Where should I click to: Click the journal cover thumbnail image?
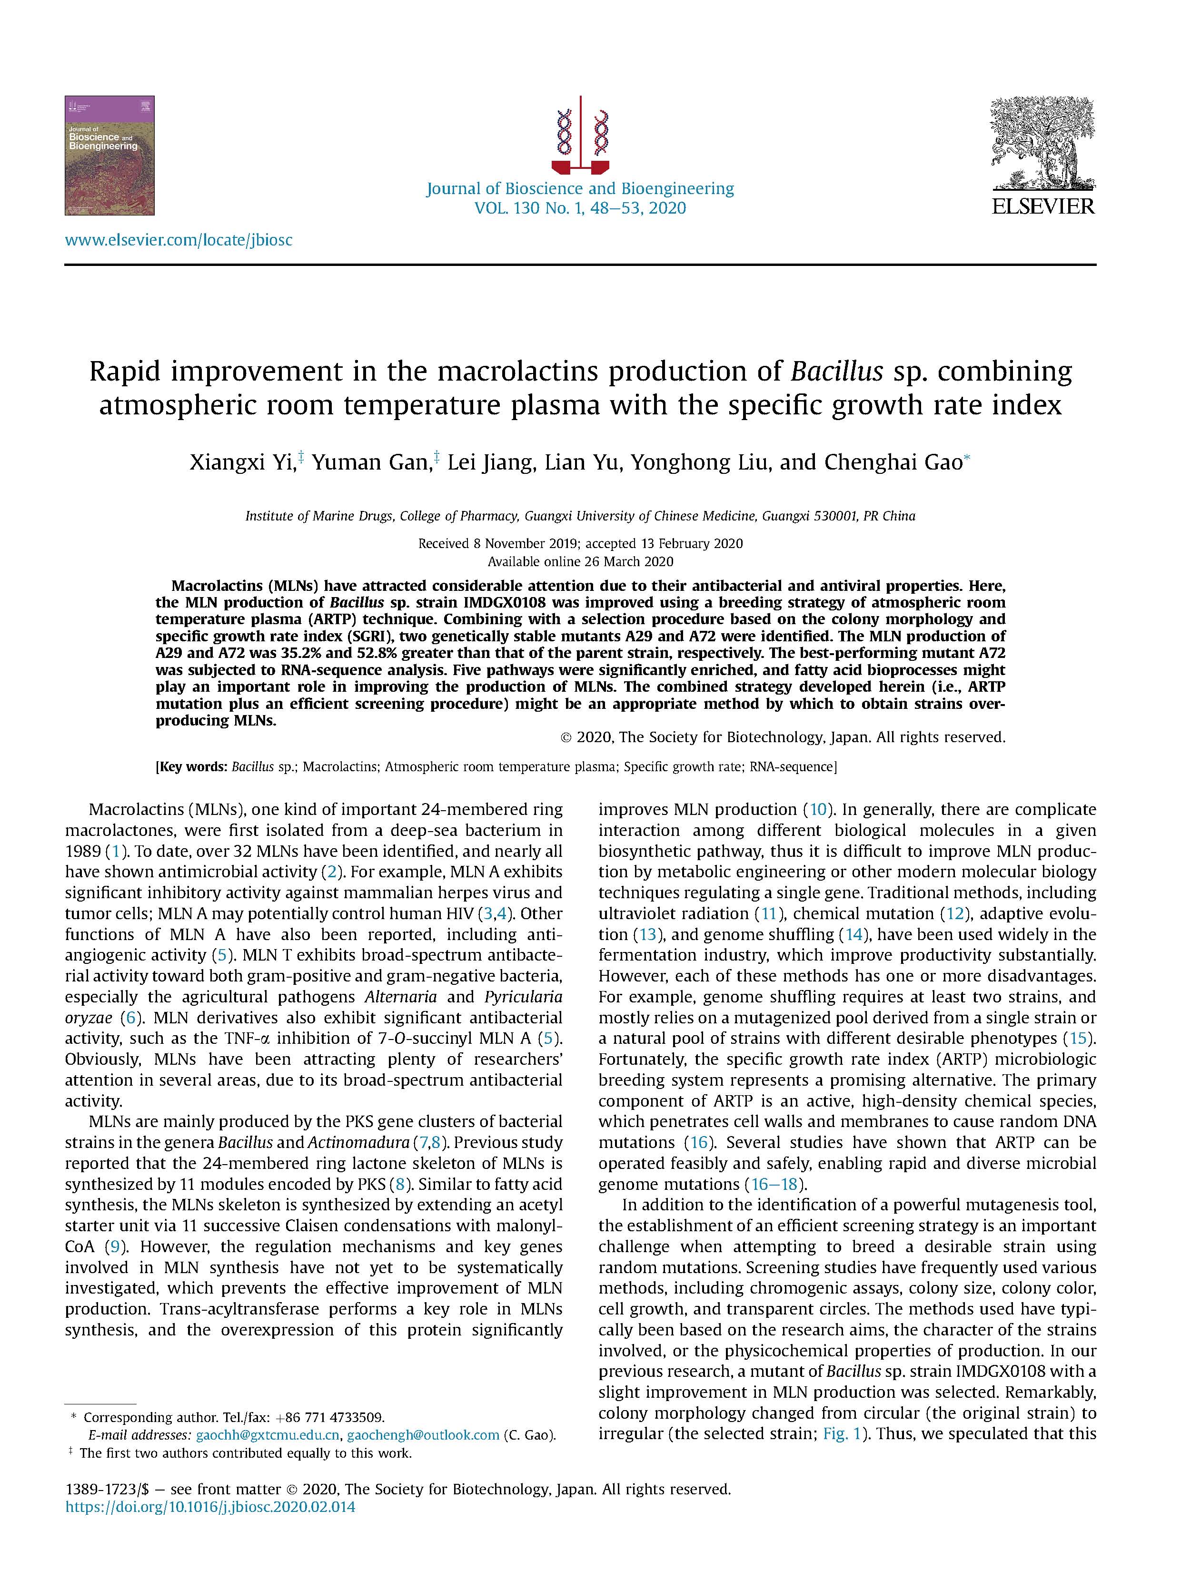pos(109,155)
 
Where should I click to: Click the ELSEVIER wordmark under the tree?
pos(1042,206)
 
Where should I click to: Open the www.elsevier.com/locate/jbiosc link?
pos(179,240)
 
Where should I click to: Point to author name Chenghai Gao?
pos(893,462)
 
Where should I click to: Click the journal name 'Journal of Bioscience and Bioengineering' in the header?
pos(580,188)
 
